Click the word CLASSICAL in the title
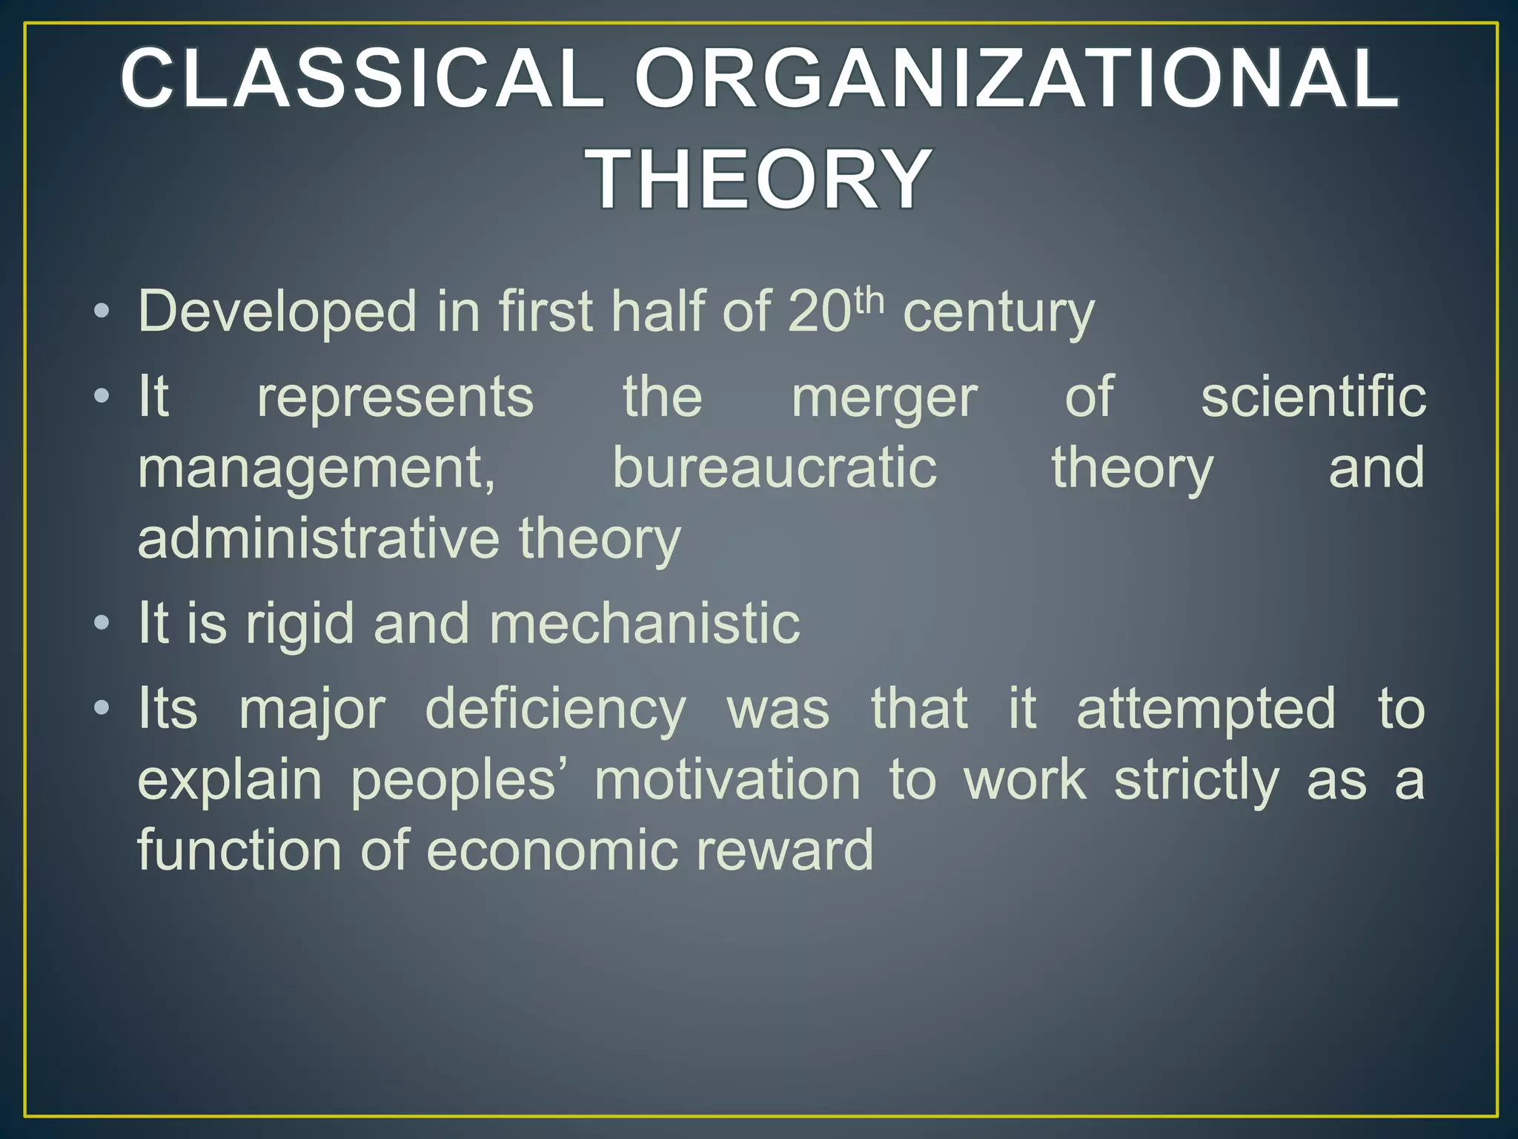[361, 78]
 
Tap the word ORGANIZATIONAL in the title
[1015, 78]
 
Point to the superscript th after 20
[869, 301]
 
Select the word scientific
[1313, 397]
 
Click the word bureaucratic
[775, 468]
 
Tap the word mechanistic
[644, 623]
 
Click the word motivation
[727, 780]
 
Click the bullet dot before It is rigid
[102, 622]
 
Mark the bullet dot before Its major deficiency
[102, 707]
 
